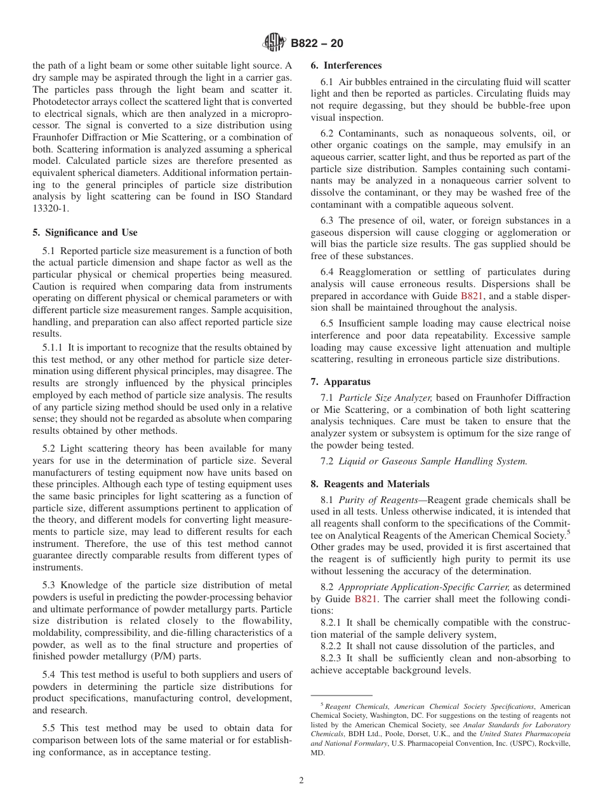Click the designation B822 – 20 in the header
tap(317, 44)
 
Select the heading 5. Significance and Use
tap(84, 232)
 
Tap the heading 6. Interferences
tap(346, 65)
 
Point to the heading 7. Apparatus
tap(340, 382)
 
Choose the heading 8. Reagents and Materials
tap(369, 484)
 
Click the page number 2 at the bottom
tap(301, 781)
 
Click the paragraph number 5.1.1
tap(54, 347)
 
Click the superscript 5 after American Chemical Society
tap(568, 532)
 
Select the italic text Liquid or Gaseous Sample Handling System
tap(432, 461)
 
